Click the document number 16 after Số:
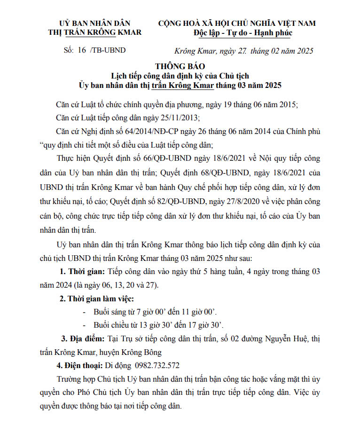[82, 49]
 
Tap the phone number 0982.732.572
[157, 365]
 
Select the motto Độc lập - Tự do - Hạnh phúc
[243, 33]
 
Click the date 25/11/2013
[167, 117]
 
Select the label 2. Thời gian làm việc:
[96, 299]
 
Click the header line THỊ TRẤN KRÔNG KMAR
[94, 33]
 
